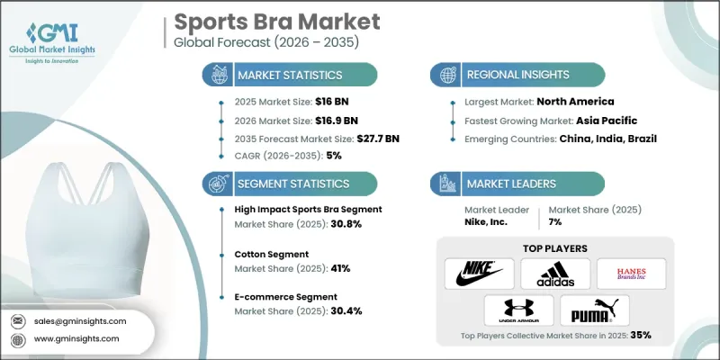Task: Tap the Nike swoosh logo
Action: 480,273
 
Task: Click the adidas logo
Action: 556,273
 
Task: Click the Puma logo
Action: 593,310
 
